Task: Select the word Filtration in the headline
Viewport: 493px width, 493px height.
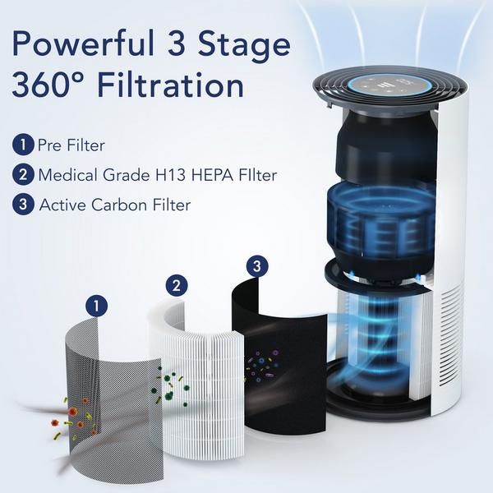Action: coord(180,85)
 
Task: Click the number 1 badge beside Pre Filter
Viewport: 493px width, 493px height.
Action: coord(22,145)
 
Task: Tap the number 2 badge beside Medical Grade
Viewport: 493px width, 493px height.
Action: coord(22,174)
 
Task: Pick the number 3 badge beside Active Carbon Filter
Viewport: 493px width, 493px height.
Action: coord(22,204)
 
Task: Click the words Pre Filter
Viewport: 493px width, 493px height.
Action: coord(71,145)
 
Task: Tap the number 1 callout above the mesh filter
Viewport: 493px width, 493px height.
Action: coord(98,306)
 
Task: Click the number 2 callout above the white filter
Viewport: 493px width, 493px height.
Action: coord(176,286)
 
